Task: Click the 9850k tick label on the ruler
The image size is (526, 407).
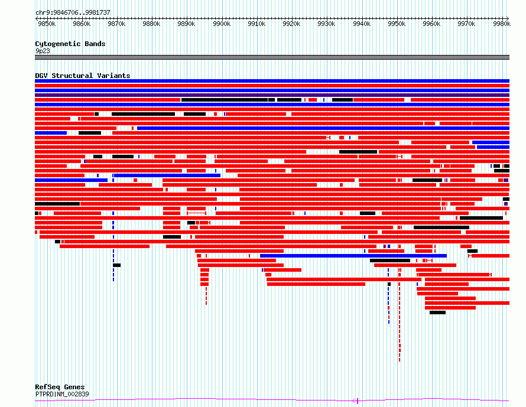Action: pos(47,24)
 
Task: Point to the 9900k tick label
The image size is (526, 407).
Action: pos(222,24)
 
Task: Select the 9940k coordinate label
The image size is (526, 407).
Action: pos(362,24)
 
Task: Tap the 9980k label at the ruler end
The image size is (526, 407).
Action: pos(502,24)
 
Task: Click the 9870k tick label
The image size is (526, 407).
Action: pos(117,24)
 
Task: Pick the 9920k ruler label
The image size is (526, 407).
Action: pos(291,24)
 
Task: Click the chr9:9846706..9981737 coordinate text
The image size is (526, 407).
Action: pos(73,13)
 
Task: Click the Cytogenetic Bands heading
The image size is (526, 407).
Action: pos(70,44)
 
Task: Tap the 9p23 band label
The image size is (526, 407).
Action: pos(43,51)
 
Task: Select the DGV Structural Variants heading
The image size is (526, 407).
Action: pos(83,76)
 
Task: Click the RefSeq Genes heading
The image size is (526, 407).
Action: pos(60,387)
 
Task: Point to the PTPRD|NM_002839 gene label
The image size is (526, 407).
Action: pos(62,394)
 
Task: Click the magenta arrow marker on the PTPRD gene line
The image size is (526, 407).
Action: pos(356,401)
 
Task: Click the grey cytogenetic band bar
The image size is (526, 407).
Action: pos(272,57)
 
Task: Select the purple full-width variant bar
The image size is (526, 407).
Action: pos(272,95)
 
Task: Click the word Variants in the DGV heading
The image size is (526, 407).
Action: pos(113,76)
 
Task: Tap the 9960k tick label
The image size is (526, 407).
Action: pos(431,24)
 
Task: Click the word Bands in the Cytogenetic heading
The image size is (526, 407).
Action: pos(95,44)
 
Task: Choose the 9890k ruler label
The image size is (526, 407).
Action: pos(187,24)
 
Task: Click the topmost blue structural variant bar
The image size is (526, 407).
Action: pos(272,81)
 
